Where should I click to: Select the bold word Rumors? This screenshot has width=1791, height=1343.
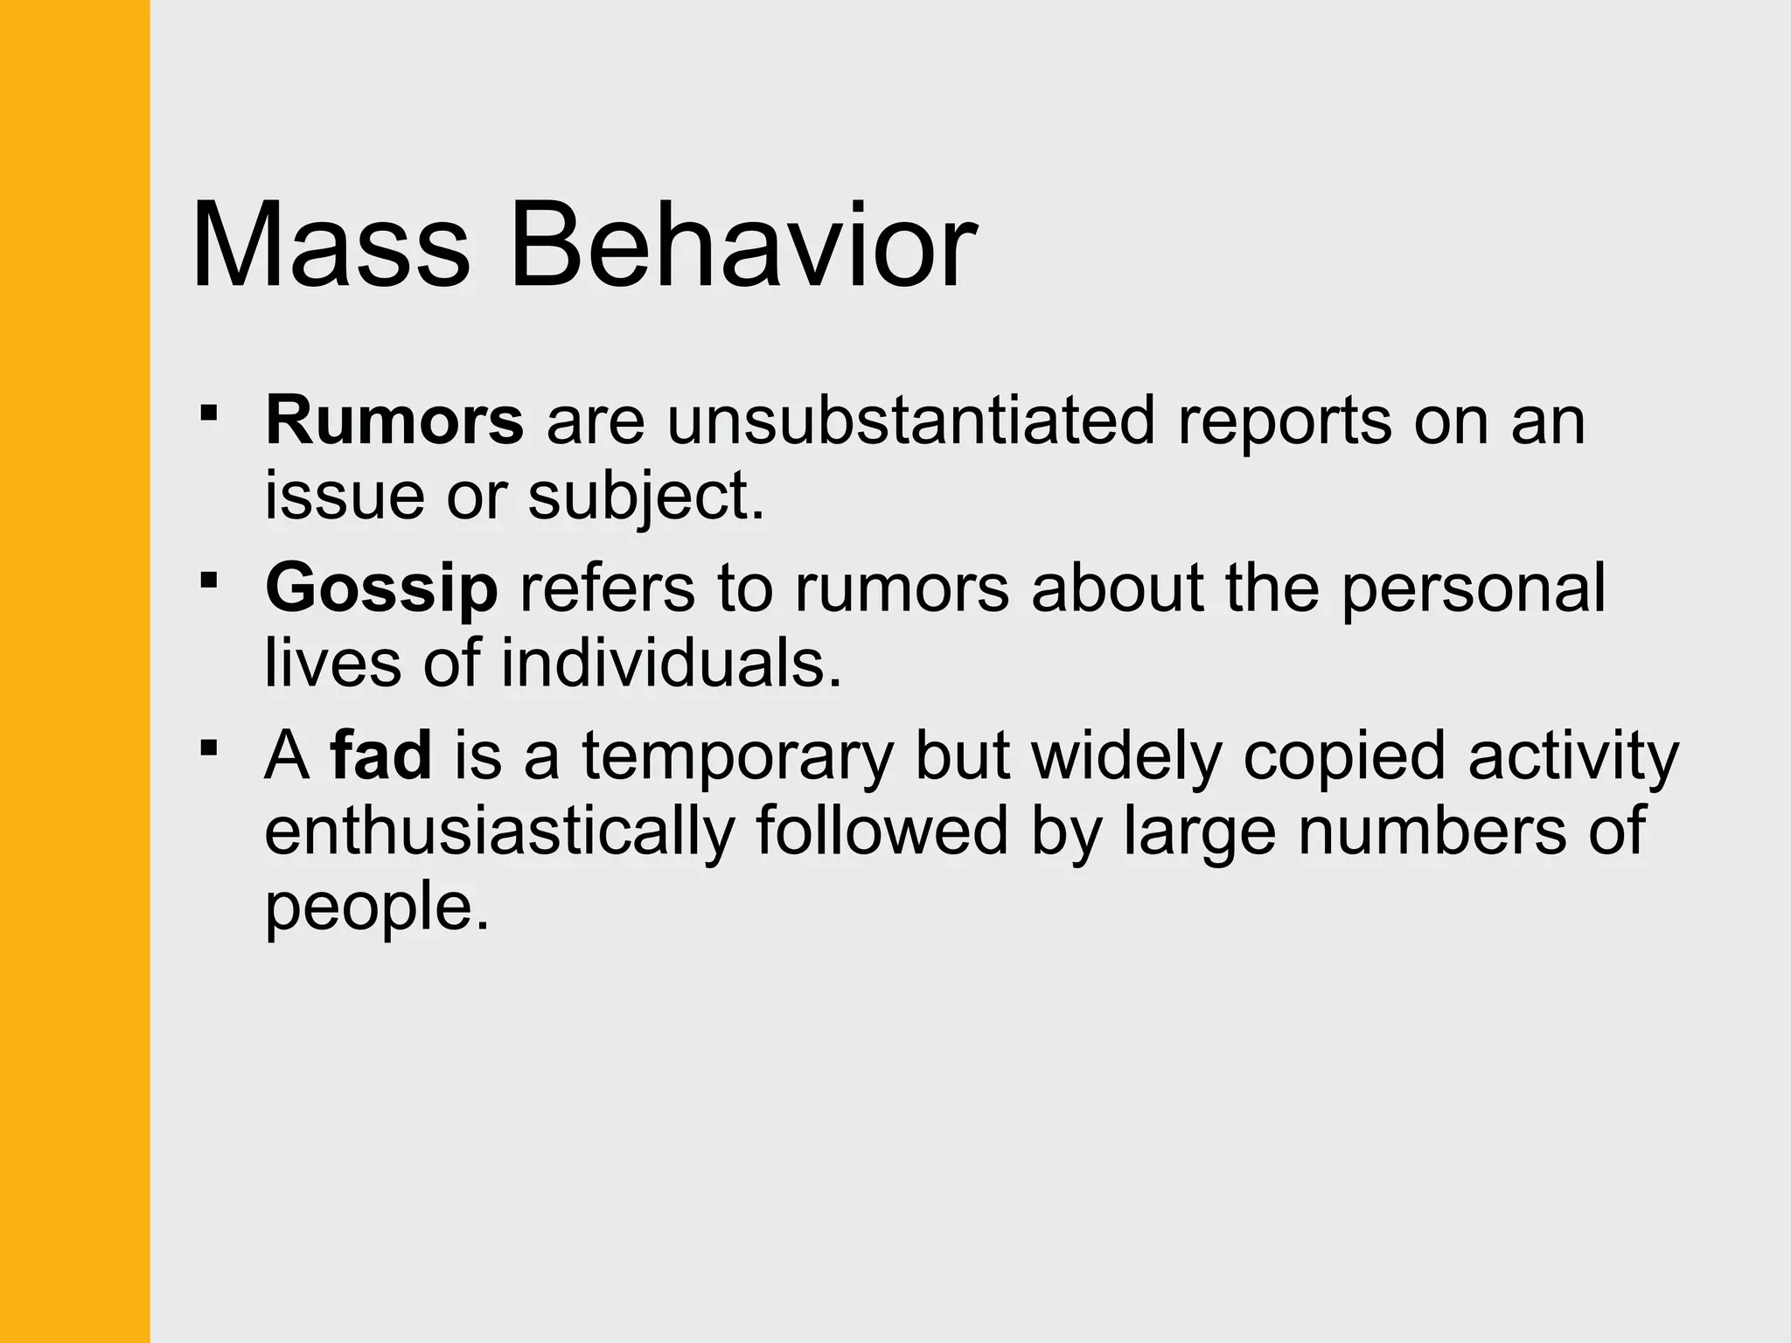394,421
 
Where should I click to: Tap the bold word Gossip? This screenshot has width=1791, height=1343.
381,588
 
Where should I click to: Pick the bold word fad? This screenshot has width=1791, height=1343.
381,755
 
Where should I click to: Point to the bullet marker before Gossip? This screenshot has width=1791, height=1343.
208,580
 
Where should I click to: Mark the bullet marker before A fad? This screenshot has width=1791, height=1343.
208,748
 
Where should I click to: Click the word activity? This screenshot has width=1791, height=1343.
1573,756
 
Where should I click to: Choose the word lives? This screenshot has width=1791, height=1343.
332,663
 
